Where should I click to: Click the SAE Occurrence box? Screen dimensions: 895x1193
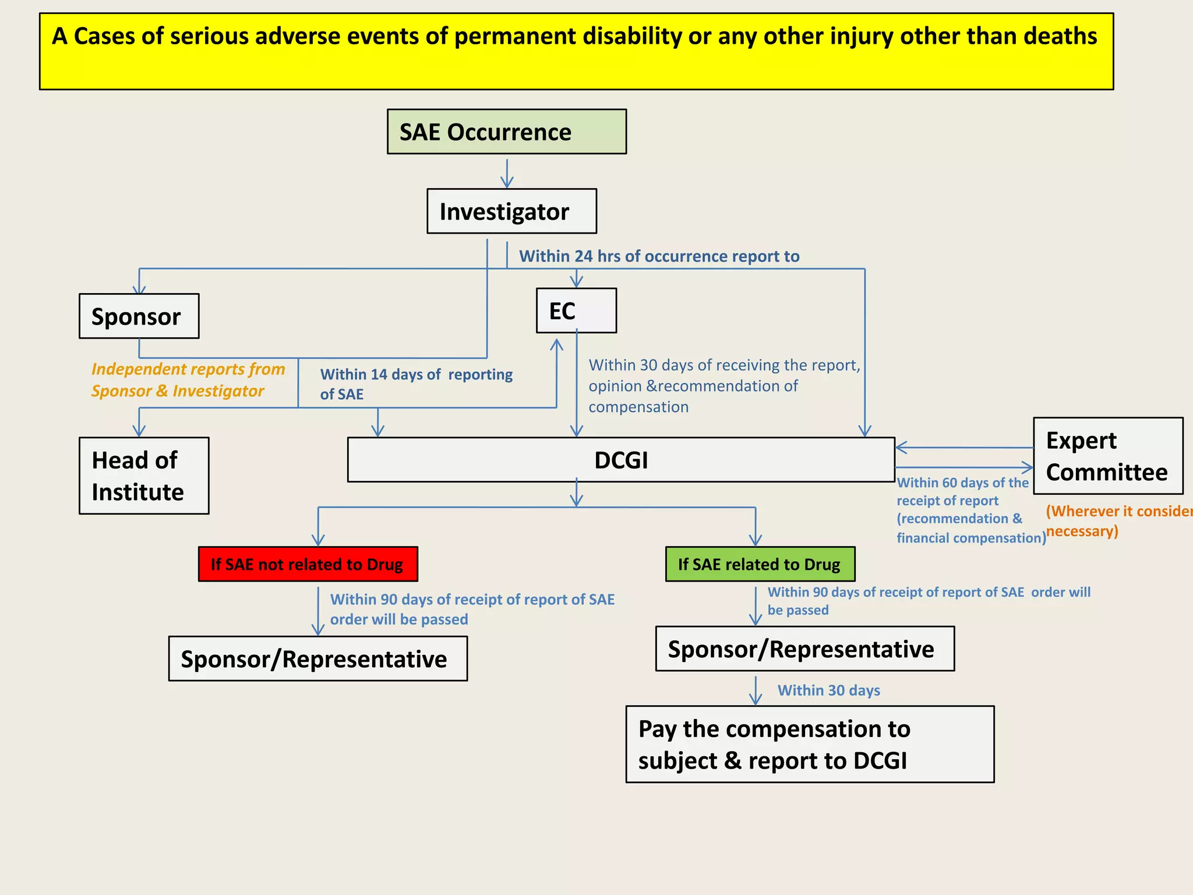[x=506, y=132]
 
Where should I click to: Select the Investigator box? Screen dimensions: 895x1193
[x=511, y=211]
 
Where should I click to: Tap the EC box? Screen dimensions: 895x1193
[x=576, y=311]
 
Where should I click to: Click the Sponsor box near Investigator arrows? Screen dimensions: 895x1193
[x=139, y=316]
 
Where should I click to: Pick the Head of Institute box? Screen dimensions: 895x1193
[x=143, y=475]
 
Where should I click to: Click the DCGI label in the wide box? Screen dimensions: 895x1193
[x=621, y=460]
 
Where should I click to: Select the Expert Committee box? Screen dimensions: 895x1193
[x=1107, y=456]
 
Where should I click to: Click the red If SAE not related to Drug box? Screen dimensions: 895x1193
[x=308, y=564]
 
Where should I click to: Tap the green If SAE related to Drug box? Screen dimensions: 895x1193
[x=760, y=564]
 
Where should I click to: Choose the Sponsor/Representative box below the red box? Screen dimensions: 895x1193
[x=317, y=659]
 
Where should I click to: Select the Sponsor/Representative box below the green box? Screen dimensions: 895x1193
[x=804, y=649]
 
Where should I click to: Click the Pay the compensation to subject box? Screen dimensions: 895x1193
[x=809, y=744]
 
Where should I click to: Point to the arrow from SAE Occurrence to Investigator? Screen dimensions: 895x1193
[x=507, y=173]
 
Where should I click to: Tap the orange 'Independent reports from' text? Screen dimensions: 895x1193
[x=188, y=369]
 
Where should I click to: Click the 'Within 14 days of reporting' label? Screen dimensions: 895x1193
[x=416, y=375]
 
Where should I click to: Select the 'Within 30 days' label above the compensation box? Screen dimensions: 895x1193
[x=828, y=690]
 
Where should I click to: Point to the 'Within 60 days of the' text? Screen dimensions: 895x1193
[x=962, y=482]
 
